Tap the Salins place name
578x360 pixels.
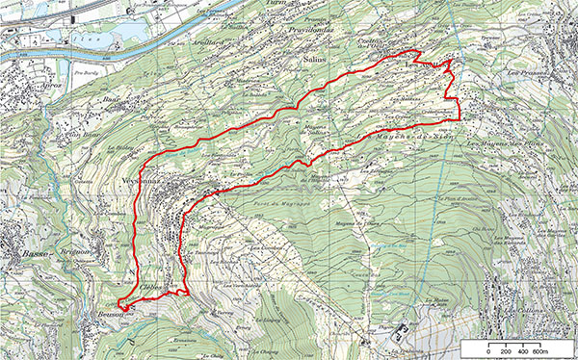pyautogui.click(x=314, y=60)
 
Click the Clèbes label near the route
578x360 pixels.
pyautogui.click(x=149, y=288)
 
